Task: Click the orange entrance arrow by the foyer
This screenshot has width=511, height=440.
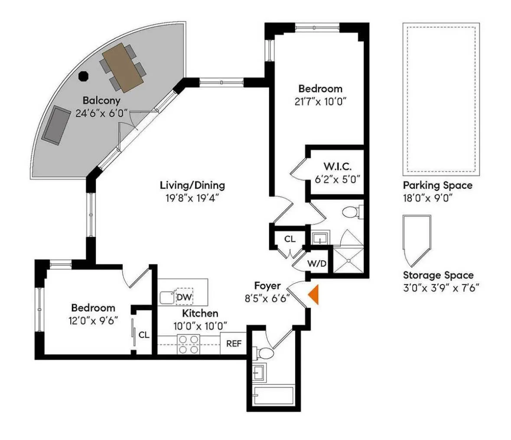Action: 314,295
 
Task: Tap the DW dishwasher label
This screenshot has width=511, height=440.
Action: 184,297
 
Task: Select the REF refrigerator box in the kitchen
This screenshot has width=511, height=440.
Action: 234,344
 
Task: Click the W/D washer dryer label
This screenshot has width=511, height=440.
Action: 317,264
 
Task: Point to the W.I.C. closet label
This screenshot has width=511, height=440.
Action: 337,166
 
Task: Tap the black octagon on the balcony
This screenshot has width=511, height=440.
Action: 83,75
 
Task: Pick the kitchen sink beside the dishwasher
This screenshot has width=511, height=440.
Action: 166,297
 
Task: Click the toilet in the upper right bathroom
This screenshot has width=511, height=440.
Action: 350,212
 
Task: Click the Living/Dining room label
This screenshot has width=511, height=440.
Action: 192,186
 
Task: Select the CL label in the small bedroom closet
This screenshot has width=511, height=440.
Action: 144,335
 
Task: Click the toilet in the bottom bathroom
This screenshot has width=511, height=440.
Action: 264,353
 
